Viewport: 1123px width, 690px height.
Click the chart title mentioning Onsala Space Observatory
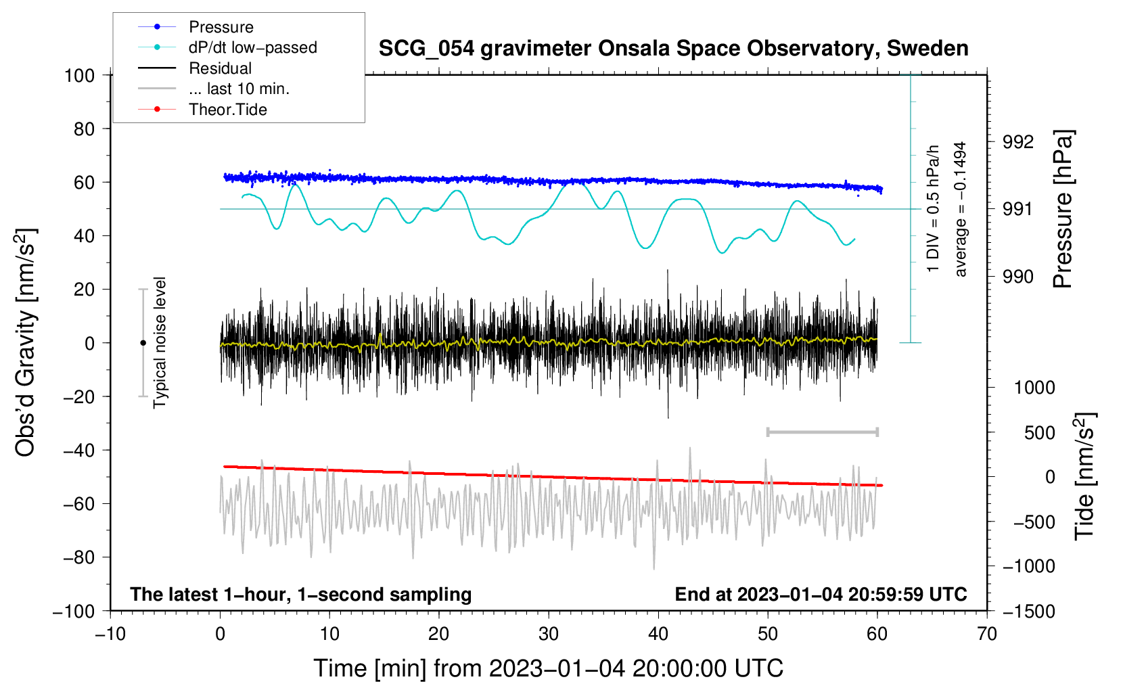[x=673, y=49]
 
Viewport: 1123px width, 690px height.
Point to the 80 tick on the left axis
[x=84, y=129]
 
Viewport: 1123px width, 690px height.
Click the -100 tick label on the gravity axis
[x=74, y=612]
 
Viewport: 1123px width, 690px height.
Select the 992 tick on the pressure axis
[x=1017, y=142]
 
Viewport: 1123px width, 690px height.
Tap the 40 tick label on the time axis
[x=658, y=634]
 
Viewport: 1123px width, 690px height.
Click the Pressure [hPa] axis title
[x=1063, y=209]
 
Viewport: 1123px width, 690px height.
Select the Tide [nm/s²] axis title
[x=1085, y=476]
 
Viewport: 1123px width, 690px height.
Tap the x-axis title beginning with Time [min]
[x=549, y=668]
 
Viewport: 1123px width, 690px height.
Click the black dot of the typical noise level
[x=143, y=343]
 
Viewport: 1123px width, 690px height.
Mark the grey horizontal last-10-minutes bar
[x=822, y=432]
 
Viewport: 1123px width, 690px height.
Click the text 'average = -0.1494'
[x=960, y=209]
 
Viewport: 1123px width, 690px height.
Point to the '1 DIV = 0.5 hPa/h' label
[x=932, y=209]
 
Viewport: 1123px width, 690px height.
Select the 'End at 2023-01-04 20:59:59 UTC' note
[x=821, y=594]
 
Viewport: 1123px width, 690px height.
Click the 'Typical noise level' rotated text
[x=160, y=343]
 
